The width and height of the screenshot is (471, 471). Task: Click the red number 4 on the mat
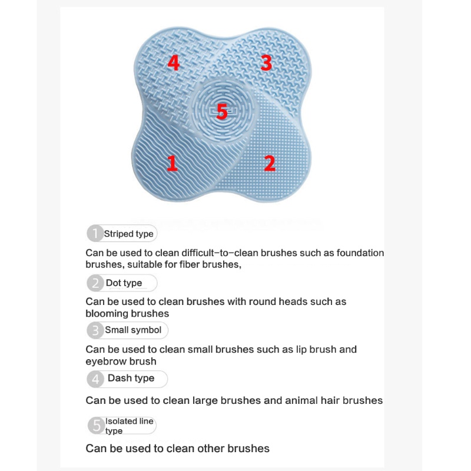(x=173, y=62)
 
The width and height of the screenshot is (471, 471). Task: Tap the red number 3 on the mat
(x=266, y=62)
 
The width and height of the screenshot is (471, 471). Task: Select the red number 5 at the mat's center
(x=221, y=111)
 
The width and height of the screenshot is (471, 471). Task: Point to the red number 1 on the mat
(x=172, y=163)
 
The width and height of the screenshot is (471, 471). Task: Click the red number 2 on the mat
(x=269, y=163)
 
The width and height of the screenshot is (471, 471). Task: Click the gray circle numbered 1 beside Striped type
(x=95, y=234)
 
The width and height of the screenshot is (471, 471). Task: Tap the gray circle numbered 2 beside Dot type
(x=95, y=283)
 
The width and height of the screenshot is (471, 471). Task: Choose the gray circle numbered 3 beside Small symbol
(x=95, y=330)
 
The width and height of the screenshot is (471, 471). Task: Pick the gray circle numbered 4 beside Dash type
(x=95, y=379)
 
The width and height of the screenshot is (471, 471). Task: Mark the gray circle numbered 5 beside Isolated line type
(x=95, y=425)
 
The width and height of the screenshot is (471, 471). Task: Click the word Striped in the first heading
(x=118, y=234)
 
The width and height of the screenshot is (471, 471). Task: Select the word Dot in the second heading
(x=113, y=283)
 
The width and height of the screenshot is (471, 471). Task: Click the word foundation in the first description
(x=359, y=253)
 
